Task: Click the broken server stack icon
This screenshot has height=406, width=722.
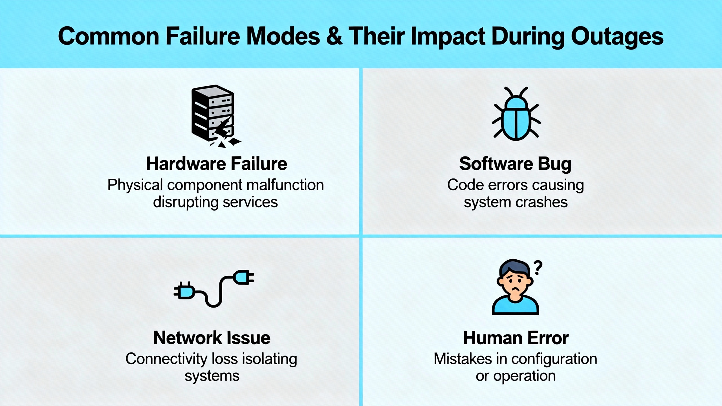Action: [x=216, y=116]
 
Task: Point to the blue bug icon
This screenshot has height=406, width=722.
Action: [x=516, y=114]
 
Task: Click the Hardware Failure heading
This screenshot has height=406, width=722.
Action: [x=217, y=164]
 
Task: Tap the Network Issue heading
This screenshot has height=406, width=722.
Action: [x=212, y=338]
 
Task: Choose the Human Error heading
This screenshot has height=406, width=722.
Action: [x=516, y=338]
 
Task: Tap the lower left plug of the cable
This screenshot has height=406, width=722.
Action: [x=184, y=290]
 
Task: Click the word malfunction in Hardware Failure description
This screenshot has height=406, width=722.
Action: [x=285, y=185]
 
